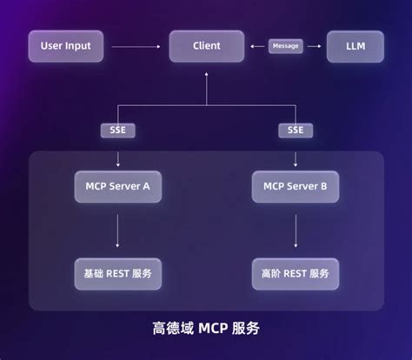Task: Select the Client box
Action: pos(206,45)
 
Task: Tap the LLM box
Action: pos(354,45)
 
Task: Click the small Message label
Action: pos(285,45)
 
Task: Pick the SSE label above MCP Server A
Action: pos(117,130)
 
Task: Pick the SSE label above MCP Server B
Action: pos(296,130)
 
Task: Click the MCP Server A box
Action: pos(117,185)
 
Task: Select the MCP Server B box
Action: pos(296,185)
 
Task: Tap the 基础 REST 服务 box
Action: pos(117,273)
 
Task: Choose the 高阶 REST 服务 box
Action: pos(296,273)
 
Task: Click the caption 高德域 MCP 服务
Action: pos(206,330)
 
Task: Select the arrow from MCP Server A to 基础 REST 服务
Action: pos(117,230)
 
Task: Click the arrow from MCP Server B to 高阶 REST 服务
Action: pos(296,230)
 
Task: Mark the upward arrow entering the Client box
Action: pos(206,83)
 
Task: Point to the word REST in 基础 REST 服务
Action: pos(116,273)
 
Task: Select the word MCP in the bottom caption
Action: pos(215,330)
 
